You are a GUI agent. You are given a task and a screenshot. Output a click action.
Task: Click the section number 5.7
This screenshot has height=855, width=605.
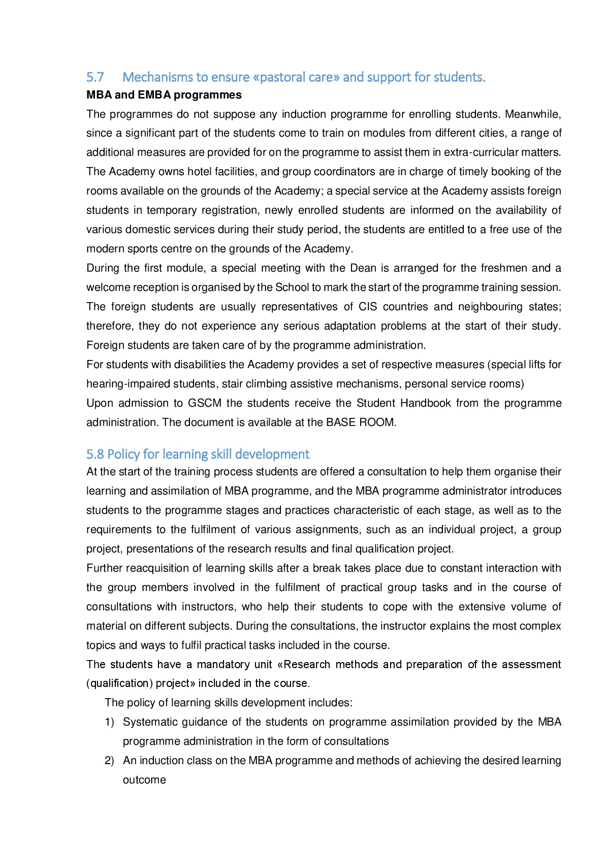point(95,77)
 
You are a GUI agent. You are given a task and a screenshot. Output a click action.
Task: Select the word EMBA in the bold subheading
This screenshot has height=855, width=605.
point(154,95)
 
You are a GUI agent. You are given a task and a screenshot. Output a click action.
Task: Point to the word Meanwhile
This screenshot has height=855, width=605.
point(533,114)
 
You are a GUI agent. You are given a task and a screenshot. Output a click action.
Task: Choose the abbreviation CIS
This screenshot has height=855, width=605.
point(368,307)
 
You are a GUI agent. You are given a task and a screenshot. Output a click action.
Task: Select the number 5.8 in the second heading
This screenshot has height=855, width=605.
point(95,454)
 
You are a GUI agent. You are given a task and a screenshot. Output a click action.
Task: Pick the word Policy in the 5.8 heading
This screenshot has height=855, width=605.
point(122,454)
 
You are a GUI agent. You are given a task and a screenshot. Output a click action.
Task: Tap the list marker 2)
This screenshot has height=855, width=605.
point(109,761)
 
